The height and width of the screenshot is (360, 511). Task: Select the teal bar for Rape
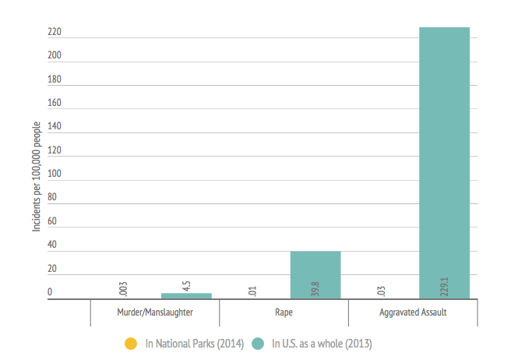(315, 275)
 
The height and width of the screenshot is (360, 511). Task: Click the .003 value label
(123, 288)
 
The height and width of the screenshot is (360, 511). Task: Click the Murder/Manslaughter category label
(154, 313)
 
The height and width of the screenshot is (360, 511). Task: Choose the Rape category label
(284, 313)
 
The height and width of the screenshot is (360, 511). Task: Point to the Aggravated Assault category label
(413, 313)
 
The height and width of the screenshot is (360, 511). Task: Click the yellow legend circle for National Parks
(132, 343)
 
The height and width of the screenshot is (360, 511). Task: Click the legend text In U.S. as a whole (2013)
(322, 343)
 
